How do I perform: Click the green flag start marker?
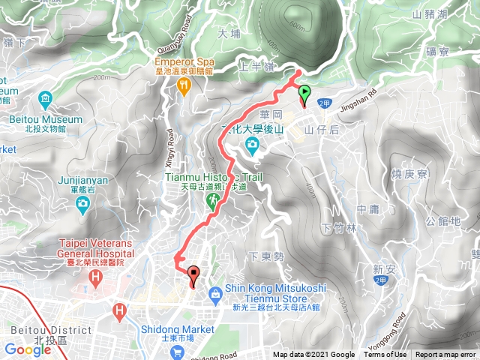pyautogui.click(x=304, y=93)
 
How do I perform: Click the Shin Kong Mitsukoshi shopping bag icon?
pyautogui.click(x=215, y=293)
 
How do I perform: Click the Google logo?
pyautogui.click(x=27, y=349)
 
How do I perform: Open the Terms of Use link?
pyautogui.click(x=385, y=355)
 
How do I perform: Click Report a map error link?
pyautogui.click(x=445, y=355)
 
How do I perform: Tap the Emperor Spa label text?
pyautogui.click(x=184, y=61)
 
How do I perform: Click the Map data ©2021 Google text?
pyautogui.click(x=313, y=355)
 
